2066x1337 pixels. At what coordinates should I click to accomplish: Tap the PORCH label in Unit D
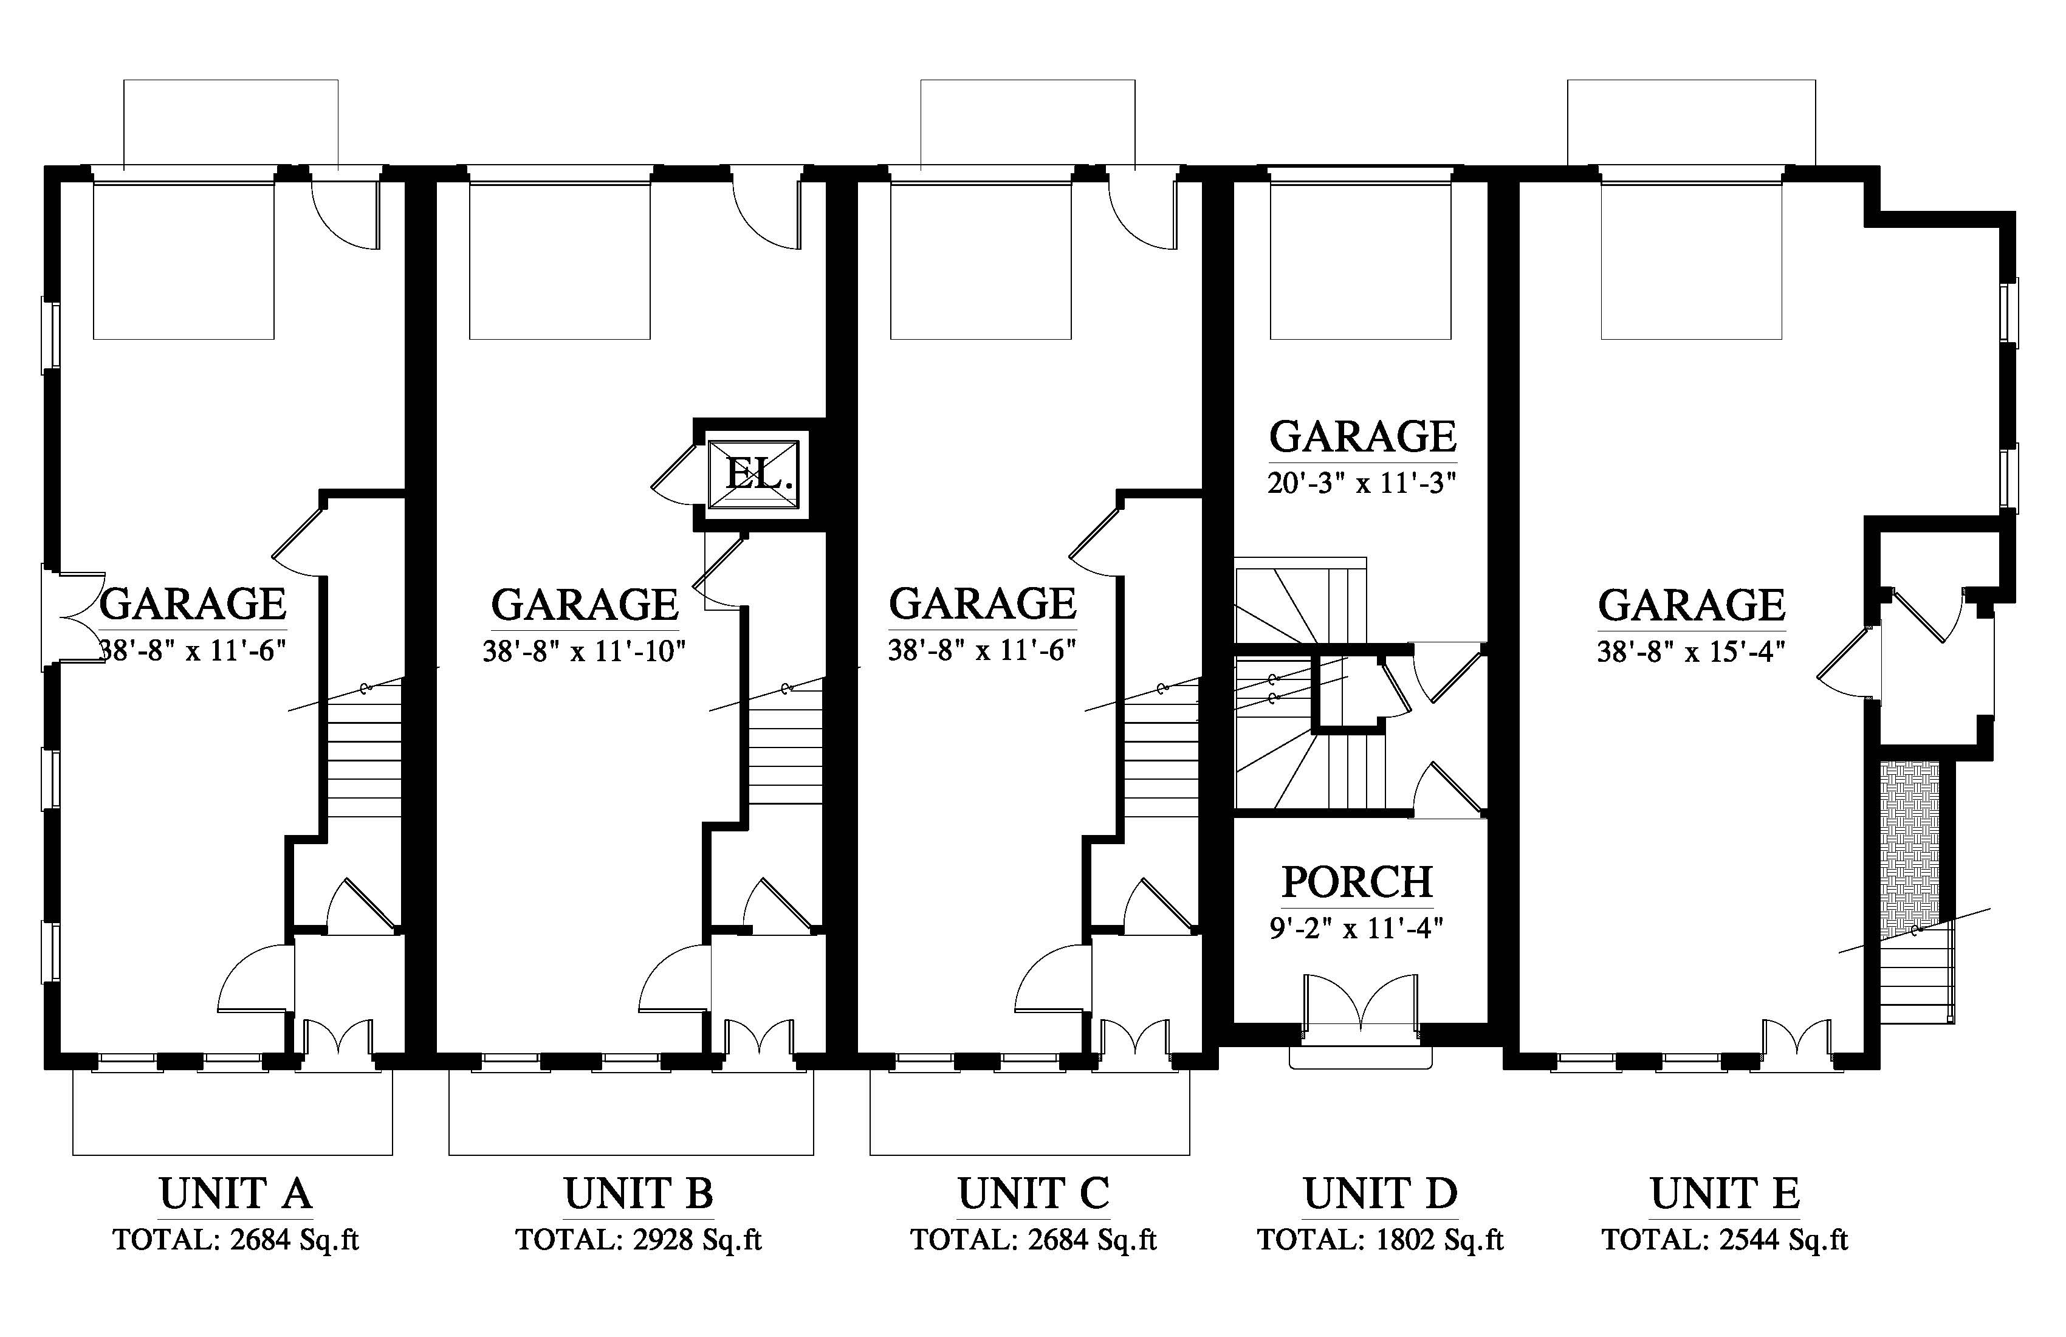pos(1357,882)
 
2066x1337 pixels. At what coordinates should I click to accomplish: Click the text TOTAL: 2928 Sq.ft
pos(639,1240)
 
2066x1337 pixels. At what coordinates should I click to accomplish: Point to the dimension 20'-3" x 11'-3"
pos(1361,483)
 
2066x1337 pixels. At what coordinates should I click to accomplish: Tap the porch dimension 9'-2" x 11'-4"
pos(1356,929)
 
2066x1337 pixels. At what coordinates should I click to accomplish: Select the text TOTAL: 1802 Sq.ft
pos(1380,1240)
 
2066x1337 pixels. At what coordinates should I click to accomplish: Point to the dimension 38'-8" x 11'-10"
pos(584,651)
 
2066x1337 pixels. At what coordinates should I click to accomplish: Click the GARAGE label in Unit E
pos(1691,604)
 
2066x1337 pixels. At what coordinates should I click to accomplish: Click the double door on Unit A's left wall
pos(73,617)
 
